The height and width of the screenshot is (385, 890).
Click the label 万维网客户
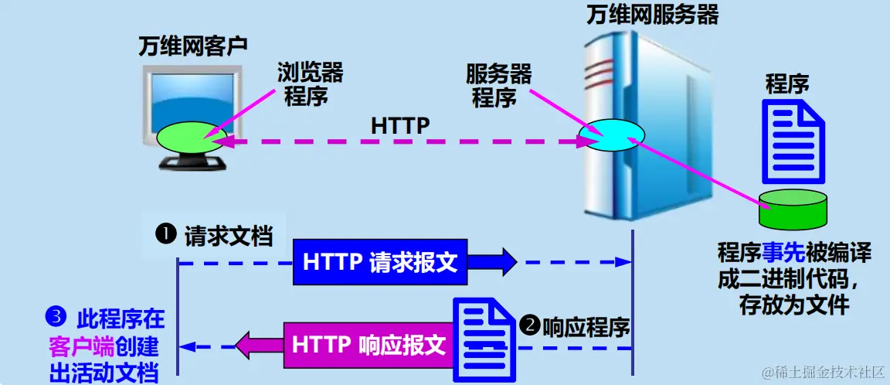click(x=192, y=46)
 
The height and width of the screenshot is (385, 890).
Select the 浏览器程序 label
click(x=309, y=84)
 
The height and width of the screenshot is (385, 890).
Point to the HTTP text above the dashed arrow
click(x=399, y=124)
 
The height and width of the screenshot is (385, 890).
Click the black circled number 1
click(x=166, y=234)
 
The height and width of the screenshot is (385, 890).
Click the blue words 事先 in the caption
click(x=784, y=254)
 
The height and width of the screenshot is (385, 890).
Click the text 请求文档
click(x=229, y=236)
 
